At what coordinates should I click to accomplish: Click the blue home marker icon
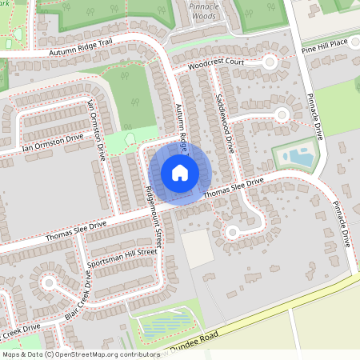(180, 173)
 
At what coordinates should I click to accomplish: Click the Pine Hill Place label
(325, 45)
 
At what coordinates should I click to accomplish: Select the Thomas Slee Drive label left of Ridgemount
(76, 232)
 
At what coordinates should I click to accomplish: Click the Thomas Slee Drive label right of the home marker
(233, 189)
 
